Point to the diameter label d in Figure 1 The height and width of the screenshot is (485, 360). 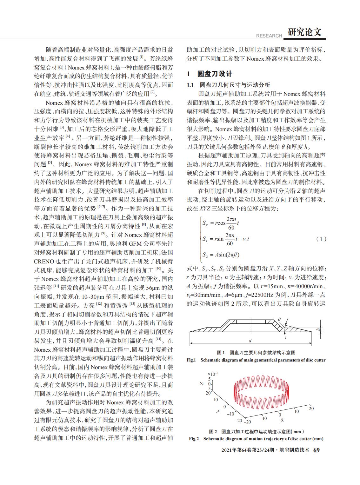(x=250, y=341)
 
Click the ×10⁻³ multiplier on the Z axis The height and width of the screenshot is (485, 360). (x=212, y=374)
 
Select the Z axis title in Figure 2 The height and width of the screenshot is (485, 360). (x=201, y=383)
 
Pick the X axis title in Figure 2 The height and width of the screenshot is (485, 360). (x=282, y=420)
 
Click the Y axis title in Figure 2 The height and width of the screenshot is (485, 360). (x=218, y=411)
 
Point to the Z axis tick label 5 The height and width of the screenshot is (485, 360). (x=209, y=379)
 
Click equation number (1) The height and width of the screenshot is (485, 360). (x=321, y=239)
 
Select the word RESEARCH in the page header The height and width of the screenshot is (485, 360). (x=269, y=36)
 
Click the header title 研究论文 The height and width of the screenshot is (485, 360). (x=304, y=32)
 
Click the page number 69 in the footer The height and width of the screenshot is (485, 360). (x=317, y=450)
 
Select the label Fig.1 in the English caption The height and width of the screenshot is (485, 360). (x=191, y=360)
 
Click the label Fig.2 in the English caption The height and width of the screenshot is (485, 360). (x=194, y=439)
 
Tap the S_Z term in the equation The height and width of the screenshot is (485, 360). (x=207, y=255)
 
